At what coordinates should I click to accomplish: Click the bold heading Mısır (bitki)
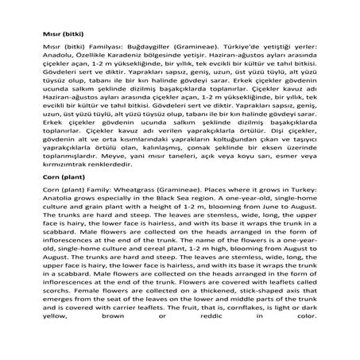point(60,36)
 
